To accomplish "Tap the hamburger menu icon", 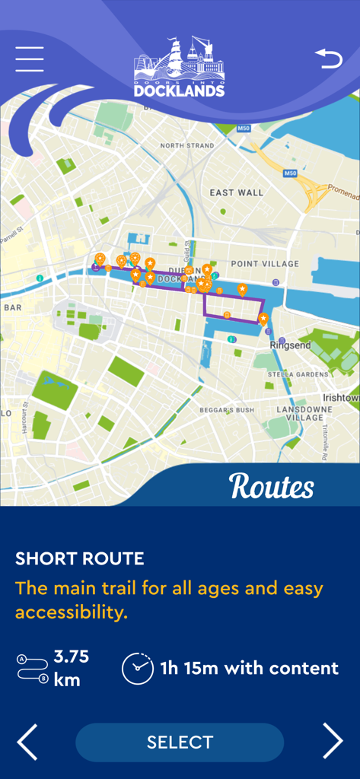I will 30,59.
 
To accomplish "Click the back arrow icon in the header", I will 329,59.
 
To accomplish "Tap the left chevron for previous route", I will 27,741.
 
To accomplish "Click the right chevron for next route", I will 333,741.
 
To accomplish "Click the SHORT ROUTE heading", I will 79,559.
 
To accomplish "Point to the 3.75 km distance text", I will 71,667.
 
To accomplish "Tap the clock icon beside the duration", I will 137,668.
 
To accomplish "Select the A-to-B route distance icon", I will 32,668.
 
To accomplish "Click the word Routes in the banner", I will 271,486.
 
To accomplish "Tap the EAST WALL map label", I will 236,192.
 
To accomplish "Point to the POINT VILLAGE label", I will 265,263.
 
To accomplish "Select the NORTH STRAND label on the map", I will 186,145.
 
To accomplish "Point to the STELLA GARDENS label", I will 302,374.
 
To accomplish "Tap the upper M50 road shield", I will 243,129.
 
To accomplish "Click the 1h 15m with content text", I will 249,668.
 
